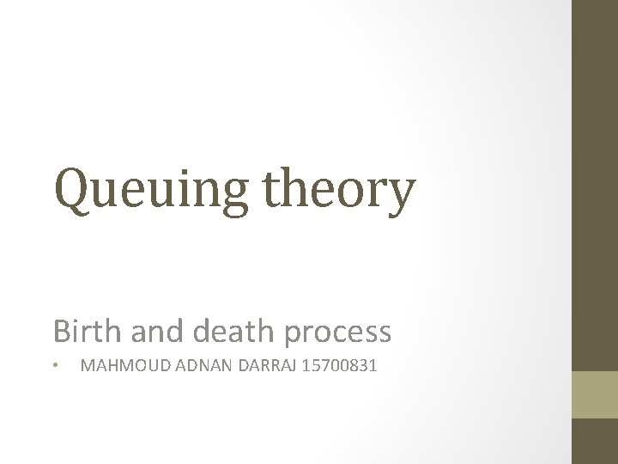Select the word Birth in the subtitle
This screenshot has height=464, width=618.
[x=79, y=331]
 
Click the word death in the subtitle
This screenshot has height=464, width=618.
[x=224, y=331]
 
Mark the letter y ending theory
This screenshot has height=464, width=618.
[x=401, y=196]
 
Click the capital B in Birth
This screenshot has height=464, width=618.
[x=60, y=331]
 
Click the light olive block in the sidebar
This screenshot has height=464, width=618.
[x=595, y=395]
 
